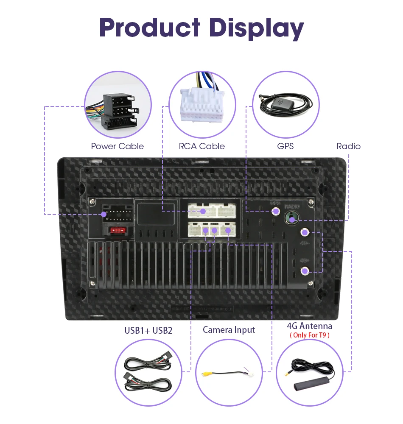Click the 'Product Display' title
click(201, 28)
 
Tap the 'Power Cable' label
click(118, 146)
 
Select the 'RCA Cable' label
click(201, 146)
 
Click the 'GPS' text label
click(285, 146)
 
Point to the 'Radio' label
click(348, 146)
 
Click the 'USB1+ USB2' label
click(148, 330)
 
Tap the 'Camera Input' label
click(229, 329)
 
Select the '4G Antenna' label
click(309, 326)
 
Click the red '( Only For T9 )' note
click(309, 335)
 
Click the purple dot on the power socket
click(104, 215)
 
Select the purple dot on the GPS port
click(276, 211)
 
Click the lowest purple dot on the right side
click(305, 271)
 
